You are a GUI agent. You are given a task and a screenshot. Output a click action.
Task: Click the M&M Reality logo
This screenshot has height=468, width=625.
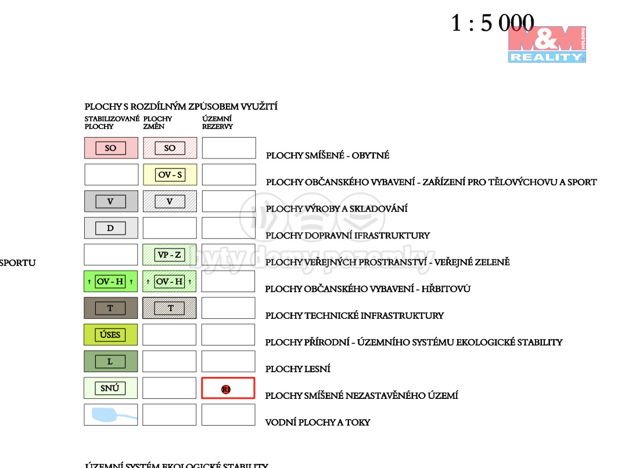point(547,44)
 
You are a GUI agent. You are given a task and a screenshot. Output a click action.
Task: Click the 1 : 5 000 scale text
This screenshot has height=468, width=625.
point(492,23)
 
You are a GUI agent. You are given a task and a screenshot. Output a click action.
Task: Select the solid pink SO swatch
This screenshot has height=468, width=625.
point(111,148)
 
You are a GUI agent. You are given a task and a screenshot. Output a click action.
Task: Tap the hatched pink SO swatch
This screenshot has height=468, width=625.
point(170,148)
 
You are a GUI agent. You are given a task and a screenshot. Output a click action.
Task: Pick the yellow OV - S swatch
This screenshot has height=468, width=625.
point(170,175)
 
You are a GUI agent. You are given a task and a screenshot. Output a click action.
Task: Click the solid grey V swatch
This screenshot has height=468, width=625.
point(111,201)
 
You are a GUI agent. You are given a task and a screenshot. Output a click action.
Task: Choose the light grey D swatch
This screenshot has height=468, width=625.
point(111,228)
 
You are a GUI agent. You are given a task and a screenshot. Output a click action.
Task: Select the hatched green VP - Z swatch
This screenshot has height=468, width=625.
point(170,255)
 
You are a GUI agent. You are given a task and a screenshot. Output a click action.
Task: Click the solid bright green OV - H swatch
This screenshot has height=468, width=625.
point(111,282)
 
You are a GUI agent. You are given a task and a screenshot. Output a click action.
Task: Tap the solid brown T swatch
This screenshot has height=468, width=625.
point(111,308)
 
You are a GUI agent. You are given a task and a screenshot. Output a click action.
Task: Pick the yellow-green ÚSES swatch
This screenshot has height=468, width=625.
point(111,335)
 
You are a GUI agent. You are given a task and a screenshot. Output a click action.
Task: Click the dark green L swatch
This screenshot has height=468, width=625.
point(111,362)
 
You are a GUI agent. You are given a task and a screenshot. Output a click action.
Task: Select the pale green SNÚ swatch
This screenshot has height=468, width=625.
point(111,388)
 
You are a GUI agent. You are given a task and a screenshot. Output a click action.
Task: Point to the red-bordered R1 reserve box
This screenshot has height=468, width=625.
point(228,388)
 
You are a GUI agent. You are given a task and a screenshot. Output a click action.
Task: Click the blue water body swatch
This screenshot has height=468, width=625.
point(111,415)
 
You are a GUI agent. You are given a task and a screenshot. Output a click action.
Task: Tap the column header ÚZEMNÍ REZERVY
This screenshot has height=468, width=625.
point(217,123)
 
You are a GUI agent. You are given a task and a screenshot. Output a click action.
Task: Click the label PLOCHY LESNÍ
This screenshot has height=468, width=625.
point(297,369)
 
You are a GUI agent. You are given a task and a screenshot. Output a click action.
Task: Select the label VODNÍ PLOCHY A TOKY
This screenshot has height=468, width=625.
point(317,422)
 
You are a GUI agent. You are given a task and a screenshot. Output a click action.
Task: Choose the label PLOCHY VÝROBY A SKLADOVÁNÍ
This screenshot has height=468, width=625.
point(336,208)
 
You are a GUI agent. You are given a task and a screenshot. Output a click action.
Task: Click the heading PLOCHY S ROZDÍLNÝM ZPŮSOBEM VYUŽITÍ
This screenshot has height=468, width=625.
point(181,106)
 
